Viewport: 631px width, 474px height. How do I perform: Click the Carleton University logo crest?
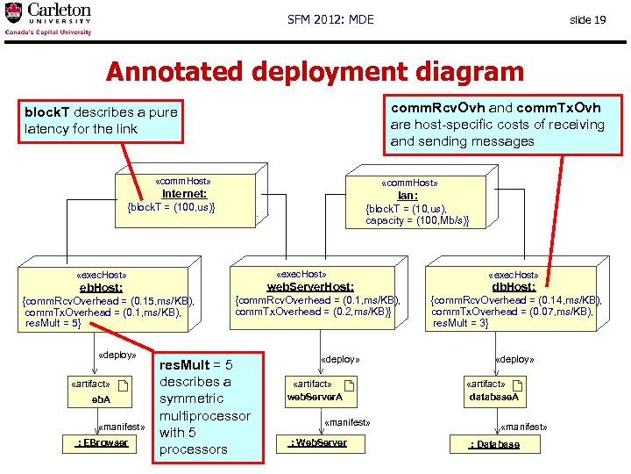[x=14, y=13]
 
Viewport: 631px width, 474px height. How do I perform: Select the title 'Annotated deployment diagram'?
[x=315, y=72]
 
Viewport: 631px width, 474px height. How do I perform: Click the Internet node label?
[x=184, y=194]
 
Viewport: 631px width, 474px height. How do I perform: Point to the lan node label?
[x=407, y=196]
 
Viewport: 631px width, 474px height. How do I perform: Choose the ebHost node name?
[x=102, y=287]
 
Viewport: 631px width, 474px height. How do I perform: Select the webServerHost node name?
[x=310, y=287]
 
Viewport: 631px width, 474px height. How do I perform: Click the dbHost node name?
[x=514, y=287]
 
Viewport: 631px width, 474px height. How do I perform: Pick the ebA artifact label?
[x=103, y=400]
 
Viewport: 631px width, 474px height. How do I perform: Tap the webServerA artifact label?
[x=309, y=398]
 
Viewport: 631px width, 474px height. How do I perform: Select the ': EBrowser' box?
[x=102, y=442]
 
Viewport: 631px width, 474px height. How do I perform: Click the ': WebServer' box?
[x=318, y=442]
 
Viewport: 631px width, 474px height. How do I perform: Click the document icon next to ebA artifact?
[x=123, y=385]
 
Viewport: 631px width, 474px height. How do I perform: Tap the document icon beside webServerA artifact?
[x=349, y=385]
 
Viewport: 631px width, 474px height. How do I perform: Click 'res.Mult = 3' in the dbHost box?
[x=460, y=324]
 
